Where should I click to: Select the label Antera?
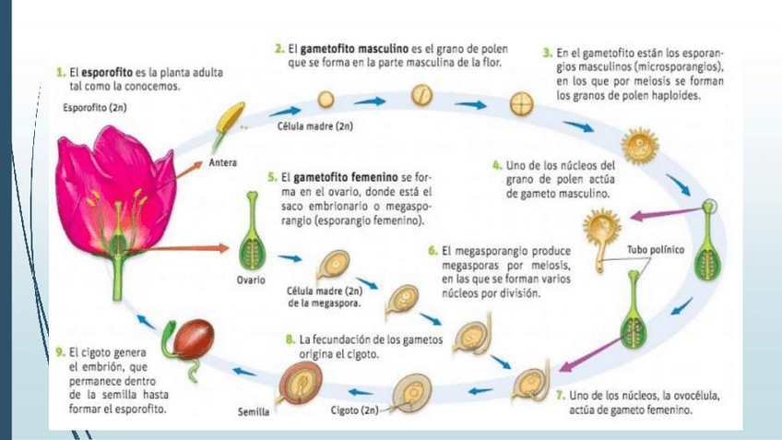223,163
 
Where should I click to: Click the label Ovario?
249,279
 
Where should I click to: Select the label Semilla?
253,411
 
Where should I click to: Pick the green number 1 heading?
60,70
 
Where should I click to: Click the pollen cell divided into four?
522,101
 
